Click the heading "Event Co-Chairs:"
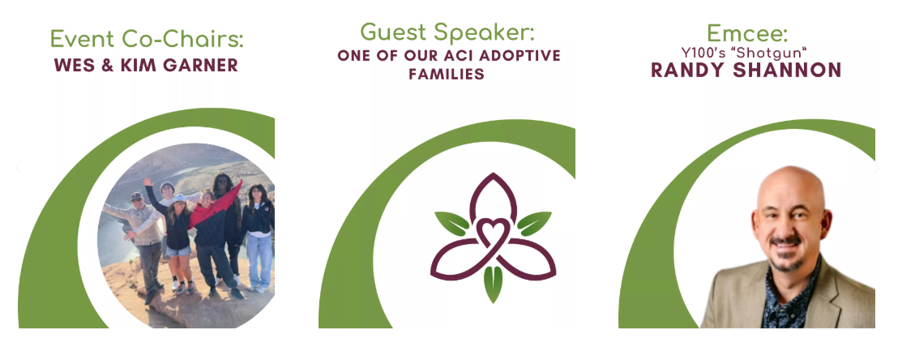point(146,39)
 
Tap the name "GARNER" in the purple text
point(200,66)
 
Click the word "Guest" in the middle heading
point(393,32)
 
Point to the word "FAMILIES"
point(446,74)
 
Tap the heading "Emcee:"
point(746,33)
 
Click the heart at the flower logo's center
point(493,234)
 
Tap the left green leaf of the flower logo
point(452,224)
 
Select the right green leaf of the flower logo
point(534,224)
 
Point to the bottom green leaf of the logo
point(493,284)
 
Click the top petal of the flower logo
point(493,198)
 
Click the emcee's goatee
point(787,264)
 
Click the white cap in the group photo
point(179,199)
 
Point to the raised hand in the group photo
point(148,181)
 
